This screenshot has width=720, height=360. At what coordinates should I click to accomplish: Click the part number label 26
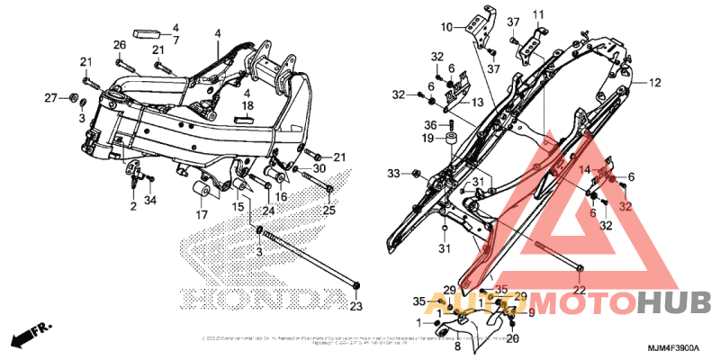pyautogui.click(x=119, y=45)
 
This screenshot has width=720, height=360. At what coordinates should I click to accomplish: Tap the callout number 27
pyautogui.click(x=51, y=97)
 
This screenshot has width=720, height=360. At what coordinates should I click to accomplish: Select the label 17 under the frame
pyautogui.click(x=201, y=215)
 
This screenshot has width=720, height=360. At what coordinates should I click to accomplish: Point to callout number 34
pyautogui.click(x=150, y=200)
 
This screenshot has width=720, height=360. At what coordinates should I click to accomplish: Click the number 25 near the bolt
pyautogui.click(x=328, y=211)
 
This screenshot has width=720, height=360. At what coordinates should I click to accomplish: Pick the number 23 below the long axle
pyautogui.click(x=355, y=307)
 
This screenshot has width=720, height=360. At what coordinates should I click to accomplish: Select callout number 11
pyautogui.click(x=539, y=15)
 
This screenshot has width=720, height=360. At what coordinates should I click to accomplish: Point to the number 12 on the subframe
pyautogui.click(x=654, y=83)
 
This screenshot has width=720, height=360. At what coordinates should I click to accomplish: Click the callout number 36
pyautogui.click(x=430, y=125)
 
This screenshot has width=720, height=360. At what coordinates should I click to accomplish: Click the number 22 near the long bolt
pyautogui.click(x=580, y=289)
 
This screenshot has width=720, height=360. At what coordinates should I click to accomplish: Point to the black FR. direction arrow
pyautogui.click(x=31, y=335)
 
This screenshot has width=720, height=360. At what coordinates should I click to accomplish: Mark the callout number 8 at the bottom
pyautogui.click(x=456, y=346)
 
